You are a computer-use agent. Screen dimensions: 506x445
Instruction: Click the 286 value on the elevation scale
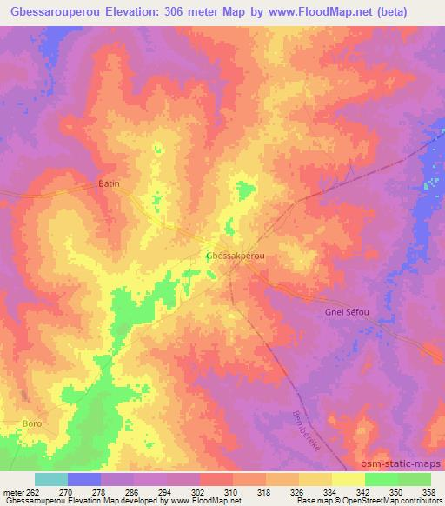point(132,493)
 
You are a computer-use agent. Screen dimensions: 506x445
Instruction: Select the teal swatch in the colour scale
point(51,479)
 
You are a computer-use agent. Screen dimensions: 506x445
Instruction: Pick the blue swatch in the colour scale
point(84,479)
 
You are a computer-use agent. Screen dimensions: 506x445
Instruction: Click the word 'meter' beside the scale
point(14,493)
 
